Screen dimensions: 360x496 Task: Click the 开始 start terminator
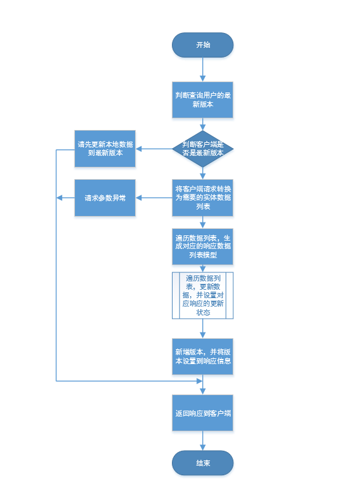click(202, 45)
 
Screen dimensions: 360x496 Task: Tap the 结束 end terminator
click(202, 463)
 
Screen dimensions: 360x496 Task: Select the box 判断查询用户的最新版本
click(202, 100)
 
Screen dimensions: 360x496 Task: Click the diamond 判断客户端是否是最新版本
click(202, 149)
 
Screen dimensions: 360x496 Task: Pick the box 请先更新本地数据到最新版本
click(105, 149)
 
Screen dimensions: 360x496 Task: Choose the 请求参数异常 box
click(105, 198)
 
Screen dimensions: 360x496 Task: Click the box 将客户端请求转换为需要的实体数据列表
click(202, 198)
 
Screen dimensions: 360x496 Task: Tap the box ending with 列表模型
click(202, 247)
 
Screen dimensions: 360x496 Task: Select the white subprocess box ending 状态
click(202, 296)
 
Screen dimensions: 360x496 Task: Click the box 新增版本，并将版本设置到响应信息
click(202, 356)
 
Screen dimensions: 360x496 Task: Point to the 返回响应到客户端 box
click(202, 413)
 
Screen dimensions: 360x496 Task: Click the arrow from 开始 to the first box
click(202, 70)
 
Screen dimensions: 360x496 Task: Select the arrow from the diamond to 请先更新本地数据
click(154, 149)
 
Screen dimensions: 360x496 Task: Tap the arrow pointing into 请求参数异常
click(154, 198)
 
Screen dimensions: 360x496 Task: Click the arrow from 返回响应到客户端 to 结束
click(202, 440)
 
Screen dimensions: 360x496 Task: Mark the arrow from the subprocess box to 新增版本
click(202, 329)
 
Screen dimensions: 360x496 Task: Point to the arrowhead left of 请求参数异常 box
click(59, 198)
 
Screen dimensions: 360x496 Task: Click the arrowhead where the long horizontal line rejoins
click(200, 381)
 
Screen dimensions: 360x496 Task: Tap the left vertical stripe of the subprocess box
click(176, 296)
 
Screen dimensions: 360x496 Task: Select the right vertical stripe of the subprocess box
click(230, 296)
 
